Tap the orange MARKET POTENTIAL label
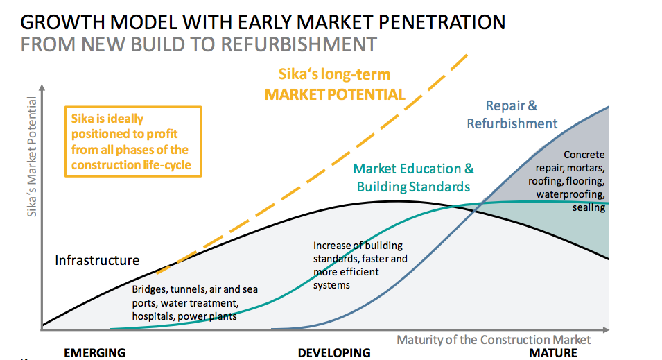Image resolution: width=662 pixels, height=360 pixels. click(x=335, y=94)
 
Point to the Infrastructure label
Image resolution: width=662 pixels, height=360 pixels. click(x=97, y=261)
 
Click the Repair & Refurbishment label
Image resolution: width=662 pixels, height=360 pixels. click(x=512, y=114)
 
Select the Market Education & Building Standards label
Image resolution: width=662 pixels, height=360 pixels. click(x=413, y=178)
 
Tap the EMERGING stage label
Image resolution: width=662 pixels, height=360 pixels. click(x=94, y=353)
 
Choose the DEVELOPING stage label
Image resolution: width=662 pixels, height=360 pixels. click(x=333, y=353)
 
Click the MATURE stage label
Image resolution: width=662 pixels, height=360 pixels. click(x=553, y=353)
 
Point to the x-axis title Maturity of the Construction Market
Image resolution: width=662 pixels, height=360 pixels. click(x=494, y=340)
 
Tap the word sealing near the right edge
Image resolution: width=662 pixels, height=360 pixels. click(x=589, y=207)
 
